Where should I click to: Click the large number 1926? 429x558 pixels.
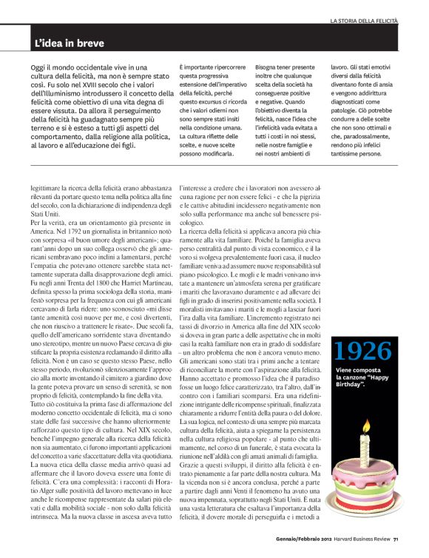pos(356,349)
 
